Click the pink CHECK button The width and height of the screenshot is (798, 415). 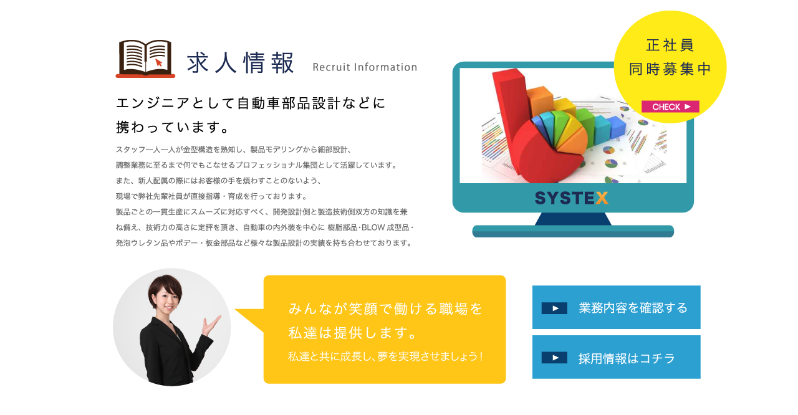(670, 107)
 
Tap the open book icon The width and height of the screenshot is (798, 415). (145, 59)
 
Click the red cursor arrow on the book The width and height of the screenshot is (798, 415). (159, 63)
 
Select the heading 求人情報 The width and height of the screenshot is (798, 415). (241, 63)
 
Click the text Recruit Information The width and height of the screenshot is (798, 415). (365, 67)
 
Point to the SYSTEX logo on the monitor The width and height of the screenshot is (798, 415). (572, 198)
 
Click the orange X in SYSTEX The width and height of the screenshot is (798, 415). (602, 198)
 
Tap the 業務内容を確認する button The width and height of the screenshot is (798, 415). (617, 307)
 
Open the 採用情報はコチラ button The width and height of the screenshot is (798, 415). (617, 357)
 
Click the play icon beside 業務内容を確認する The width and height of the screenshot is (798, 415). (554, 308)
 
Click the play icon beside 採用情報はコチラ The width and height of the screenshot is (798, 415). (554, 358)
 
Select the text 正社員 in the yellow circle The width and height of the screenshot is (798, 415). (670, 45)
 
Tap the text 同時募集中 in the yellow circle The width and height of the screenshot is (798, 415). (670, 69)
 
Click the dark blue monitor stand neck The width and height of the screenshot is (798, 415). (573, 219)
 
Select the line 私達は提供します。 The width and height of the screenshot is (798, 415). (353, 333)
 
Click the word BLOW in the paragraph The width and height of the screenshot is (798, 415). (373, 227)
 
